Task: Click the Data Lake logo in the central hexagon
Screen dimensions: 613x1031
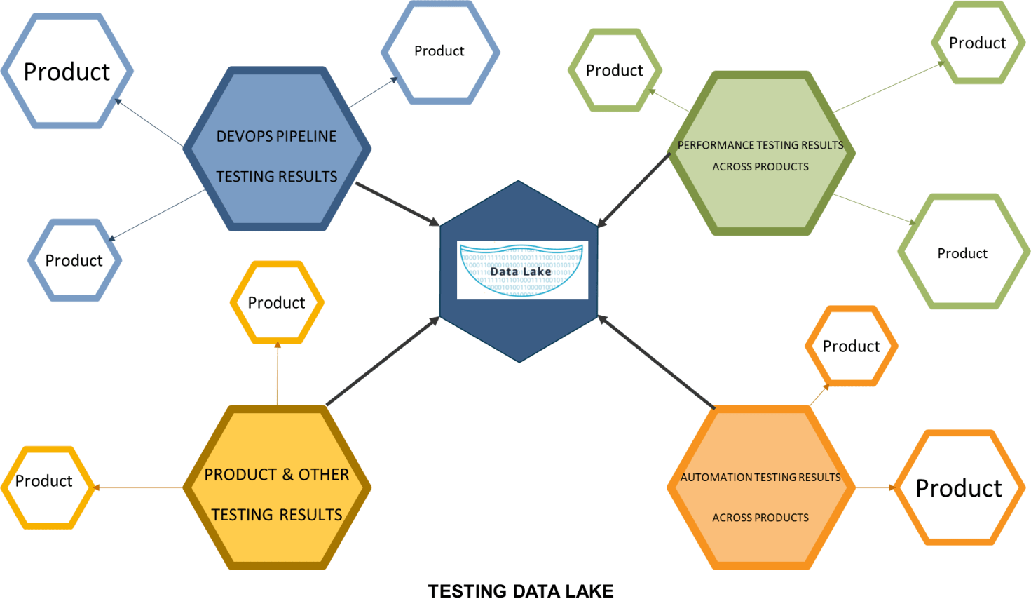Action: pos(522,270)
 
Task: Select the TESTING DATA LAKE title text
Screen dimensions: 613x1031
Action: pos(520,591)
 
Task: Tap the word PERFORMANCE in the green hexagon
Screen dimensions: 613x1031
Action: pos(715,145)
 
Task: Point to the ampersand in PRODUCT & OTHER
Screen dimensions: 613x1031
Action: pos(287,475)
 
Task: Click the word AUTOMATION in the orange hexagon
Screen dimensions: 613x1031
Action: pos(716,477)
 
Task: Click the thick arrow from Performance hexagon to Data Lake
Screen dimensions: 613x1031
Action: pos(634,190)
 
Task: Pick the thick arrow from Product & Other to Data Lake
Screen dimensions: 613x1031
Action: pos(383,361)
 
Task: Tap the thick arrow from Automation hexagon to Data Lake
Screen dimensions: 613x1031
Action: pos(656,362)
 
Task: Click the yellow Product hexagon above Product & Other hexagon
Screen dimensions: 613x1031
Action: pos(277,302)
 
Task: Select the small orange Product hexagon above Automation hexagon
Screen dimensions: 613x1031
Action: pos(851,346)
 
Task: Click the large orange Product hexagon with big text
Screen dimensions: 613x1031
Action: pos(958,487)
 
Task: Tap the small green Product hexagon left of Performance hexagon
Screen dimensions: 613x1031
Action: pos(614,70)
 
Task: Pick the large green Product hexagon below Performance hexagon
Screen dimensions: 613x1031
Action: pos(962,252)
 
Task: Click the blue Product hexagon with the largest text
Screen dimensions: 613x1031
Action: pos(67,71)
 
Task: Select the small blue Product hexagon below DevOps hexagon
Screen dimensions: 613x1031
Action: pos(74,260)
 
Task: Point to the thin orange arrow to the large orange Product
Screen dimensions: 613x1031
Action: pos(874,487)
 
